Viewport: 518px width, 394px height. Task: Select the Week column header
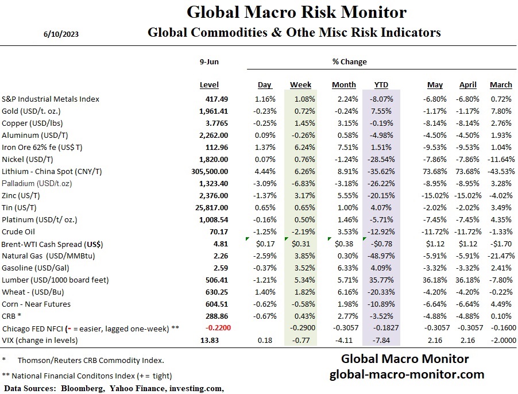click(x=300, y=85)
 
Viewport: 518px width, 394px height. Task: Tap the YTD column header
click(x=381, y=85)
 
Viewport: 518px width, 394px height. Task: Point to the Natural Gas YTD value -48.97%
click(x=381, y=256)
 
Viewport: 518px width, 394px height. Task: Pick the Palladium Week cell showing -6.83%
click(x=301, y=183)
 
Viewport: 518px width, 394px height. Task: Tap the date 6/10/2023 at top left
click(x=61, y=34)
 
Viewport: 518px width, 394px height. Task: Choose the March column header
click(x=501, y=85)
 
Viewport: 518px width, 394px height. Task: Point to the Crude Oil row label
click(x=20, y=231)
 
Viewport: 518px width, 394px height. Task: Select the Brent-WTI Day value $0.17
click(x=264, y=244)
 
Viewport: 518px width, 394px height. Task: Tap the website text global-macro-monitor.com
click(x=407, y=374)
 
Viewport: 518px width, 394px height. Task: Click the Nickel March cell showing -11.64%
click(x=499, y=159)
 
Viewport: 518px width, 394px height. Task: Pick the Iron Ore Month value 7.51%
click(x=344, y=147)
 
